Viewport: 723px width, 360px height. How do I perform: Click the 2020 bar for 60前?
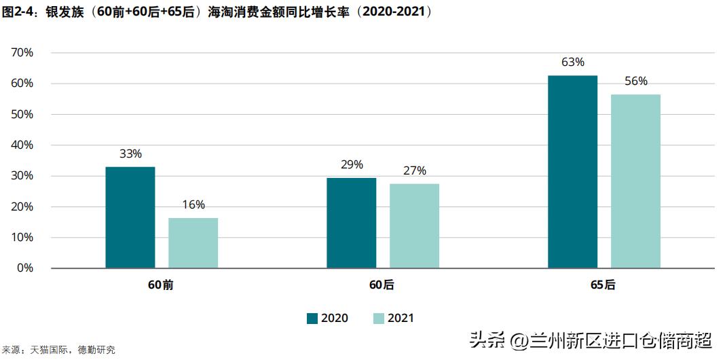tap(130, 217)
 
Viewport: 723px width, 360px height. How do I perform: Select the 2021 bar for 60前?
tap(193, 243)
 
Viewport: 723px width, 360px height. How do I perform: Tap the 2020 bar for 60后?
tap(352, 223)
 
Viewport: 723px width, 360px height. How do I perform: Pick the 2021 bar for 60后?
tap(414, 226)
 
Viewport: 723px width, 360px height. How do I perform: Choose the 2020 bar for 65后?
tap(573, 172)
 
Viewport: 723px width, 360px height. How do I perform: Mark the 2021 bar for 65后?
tap(635, 181)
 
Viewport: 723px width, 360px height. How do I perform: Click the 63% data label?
tap(573, 62)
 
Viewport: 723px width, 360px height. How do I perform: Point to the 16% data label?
tap(193, 205)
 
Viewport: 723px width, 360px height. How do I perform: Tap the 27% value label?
tap(414, 170)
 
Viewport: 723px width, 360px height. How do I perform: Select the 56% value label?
tap(636, 82)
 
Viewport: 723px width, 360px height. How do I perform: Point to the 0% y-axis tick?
tap(26, 268)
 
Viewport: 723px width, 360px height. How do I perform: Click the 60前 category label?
tap(162, 285)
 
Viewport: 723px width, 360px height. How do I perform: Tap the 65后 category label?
tap(603, 285)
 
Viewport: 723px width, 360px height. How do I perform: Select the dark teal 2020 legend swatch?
tap(312, 318)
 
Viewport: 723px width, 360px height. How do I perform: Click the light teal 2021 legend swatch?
tap(379, 318)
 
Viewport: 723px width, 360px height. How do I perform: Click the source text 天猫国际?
tap(42, 350)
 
